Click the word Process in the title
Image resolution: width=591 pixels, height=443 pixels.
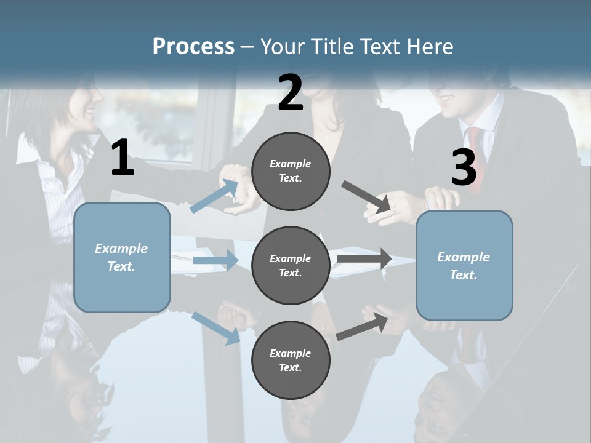pos(193,47)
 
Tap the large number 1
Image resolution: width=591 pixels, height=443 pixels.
pos(123,158)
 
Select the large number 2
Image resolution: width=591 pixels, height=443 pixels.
pos(291,94)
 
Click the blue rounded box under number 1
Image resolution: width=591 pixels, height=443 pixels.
pos(122,257)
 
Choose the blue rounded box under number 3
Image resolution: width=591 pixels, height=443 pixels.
pos(464,266)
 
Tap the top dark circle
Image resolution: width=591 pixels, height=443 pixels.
pos(291,171)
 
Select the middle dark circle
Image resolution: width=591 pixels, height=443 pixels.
pos(291,266)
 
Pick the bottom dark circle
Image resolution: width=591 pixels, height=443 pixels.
pos(291,361)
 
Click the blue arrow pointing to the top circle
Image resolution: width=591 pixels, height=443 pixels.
pos(215,196)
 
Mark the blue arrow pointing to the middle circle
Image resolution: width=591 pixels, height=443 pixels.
pos(215,260)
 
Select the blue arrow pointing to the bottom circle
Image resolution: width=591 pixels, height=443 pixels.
pos(215,327)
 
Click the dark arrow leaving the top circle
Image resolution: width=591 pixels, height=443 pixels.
pos(367,197)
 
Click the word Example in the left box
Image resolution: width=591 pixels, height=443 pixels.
pos(121,249)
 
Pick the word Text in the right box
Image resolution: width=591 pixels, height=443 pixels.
pos(463,275)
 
